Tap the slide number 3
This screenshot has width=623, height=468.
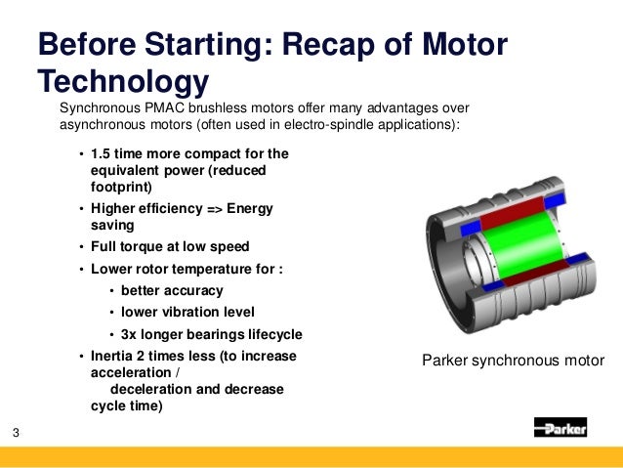click(17, 433)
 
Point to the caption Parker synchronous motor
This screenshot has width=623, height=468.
click(513, 361)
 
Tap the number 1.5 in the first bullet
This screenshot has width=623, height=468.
click(101, 153)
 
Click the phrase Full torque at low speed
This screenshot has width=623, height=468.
click(170, 246)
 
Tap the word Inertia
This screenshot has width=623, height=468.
click(114, 357)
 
